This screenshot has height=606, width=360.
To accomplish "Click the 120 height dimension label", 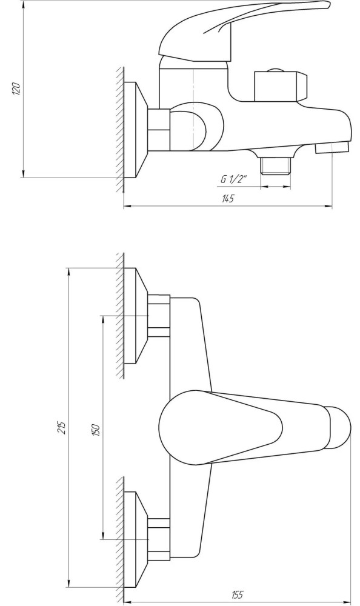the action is pyautogui.click(x=16, y=89).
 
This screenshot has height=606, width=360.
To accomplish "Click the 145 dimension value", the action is pyautogui.click(x=228, y=199).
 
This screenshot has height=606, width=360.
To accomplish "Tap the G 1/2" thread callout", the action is pyautogui.click(x=234, y=179).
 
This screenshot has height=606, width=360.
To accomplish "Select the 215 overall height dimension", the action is pyautogui.click(x=62, y=427).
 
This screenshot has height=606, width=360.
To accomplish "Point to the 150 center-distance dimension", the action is pyautogui.click(x=96, y=430).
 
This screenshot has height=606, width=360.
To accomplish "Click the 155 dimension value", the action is pyautogui.click(x=237, y=594).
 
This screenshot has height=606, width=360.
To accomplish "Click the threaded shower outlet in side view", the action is pyautogui.click(x=276, y=165).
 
